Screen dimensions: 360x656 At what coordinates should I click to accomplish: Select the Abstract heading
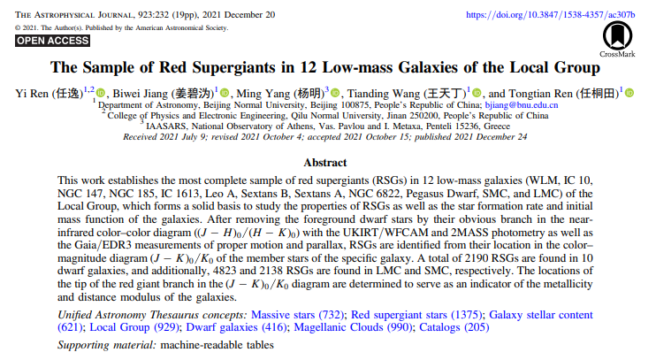(327, 163)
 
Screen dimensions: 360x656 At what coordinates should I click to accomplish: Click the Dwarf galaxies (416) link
(230, 327)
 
